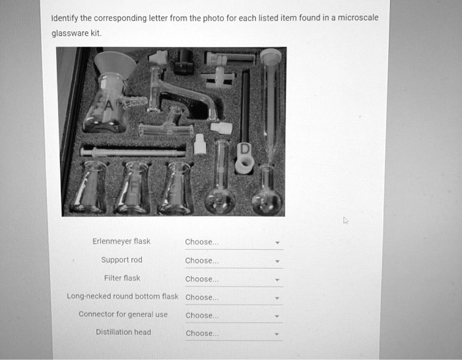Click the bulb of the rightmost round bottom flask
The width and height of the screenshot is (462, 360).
pos(267,201)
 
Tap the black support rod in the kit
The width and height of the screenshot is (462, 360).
pos(245,106)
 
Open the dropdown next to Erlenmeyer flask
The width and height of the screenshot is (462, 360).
pos(233,242)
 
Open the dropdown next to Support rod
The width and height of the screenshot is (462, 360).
pos(233,261)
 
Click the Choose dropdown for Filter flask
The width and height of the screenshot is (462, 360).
pos(233,279)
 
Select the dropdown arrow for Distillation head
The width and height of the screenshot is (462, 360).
pos(278,334)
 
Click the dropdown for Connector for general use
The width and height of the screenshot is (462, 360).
pos(233,316)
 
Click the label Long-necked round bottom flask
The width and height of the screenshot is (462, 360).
pos(123,297)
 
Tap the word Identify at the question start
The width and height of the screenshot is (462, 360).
pos(65,18)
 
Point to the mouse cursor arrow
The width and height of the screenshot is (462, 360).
pos(345,221)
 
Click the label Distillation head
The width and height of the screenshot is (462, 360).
pos(123,332)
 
